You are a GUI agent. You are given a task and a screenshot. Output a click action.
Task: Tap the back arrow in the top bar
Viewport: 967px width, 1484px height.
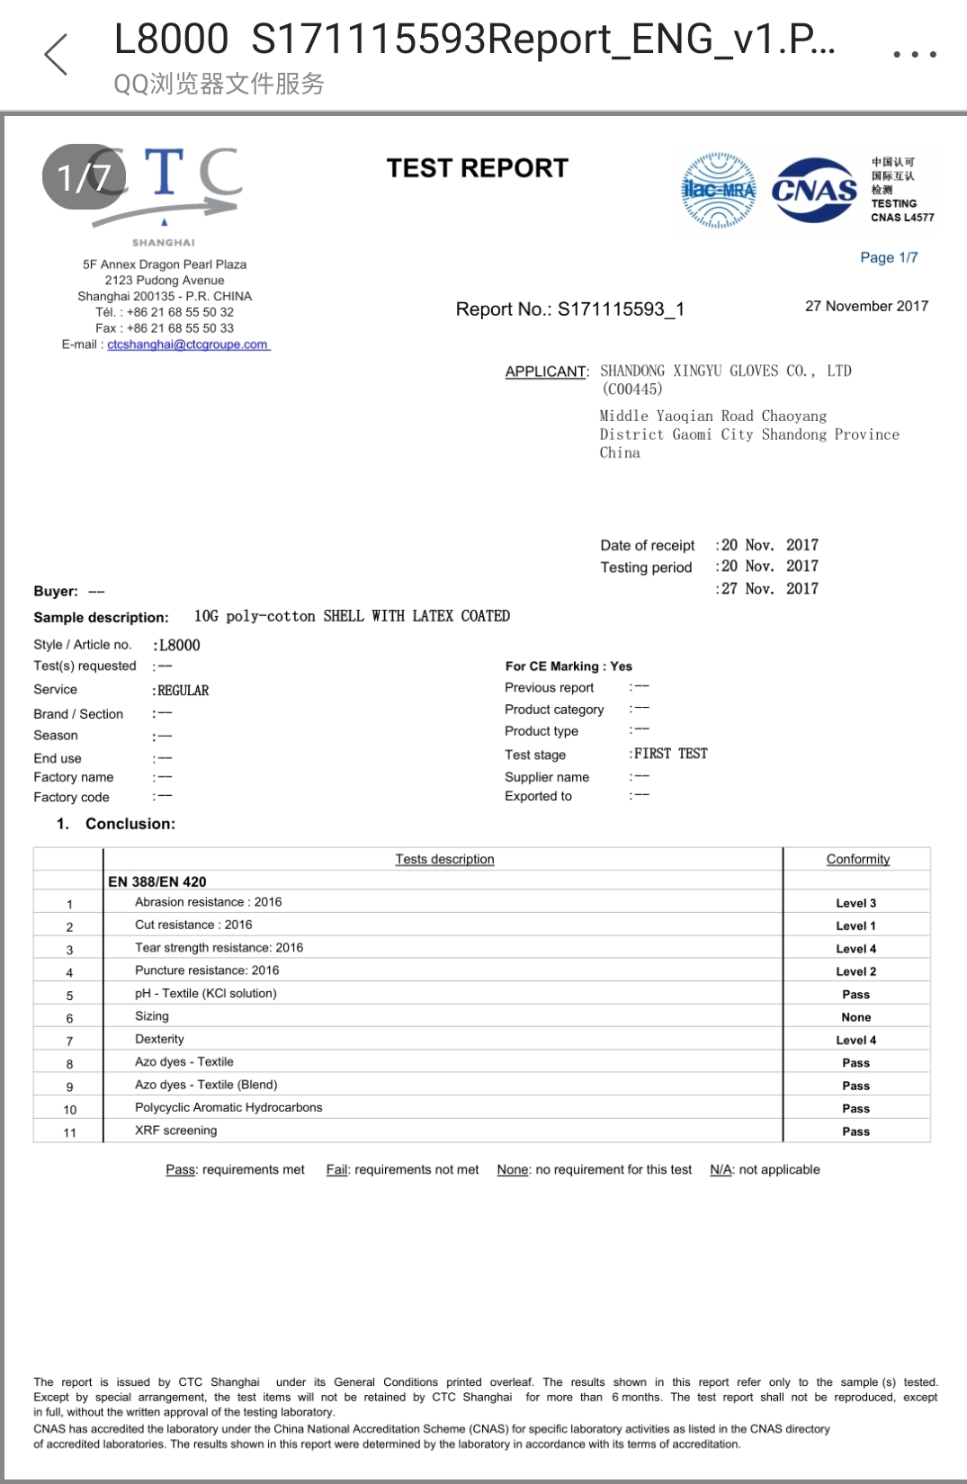57,55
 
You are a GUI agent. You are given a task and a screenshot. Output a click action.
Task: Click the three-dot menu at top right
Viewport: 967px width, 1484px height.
914,55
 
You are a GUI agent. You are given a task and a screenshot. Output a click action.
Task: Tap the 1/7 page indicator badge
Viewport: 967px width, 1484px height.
84,177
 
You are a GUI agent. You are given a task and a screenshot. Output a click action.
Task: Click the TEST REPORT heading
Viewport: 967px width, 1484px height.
477,168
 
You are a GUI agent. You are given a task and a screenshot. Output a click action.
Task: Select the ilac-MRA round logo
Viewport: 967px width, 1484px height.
718,190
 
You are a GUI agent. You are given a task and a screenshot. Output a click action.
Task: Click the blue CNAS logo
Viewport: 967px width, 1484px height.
814,190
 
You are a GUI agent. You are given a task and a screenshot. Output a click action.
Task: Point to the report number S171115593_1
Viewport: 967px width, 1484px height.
621,309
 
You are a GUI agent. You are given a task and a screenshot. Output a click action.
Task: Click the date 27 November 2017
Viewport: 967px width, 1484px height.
866,306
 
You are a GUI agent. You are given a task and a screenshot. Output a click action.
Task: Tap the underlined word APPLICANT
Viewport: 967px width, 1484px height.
546,371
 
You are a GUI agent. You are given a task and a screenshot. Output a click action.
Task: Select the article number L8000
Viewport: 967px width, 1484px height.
179,645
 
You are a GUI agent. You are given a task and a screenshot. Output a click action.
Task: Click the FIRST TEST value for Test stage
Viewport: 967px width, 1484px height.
670,754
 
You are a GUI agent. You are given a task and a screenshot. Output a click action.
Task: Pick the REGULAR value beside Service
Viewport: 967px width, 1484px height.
183,691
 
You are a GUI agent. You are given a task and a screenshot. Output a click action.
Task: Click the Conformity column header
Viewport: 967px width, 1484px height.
857,859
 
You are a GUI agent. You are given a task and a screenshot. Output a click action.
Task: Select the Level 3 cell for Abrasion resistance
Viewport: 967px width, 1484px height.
855,903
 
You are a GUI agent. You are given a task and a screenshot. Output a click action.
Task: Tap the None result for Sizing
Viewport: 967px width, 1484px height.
855,1017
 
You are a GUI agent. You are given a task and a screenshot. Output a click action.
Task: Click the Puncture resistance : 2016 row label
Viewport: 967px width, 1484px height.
207,970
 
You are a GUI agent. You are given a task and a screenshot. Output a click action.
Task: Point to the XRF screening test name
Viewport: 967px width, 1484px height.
175,1131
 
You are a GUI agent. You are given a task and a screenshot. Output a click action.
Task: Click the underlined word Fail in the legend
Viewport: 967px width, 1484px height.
336,1169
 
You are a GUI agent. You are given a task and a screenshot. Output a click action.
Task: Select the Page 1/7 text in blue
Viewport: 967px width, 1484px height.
889,257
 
